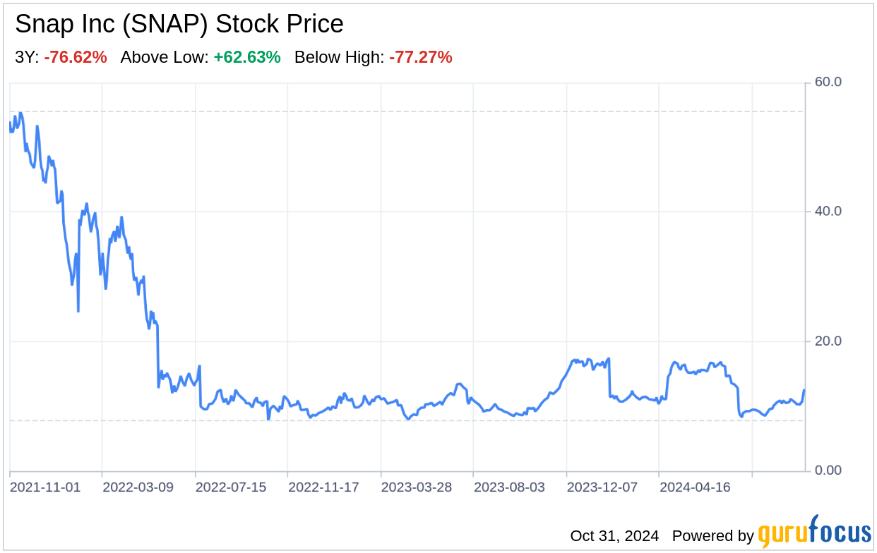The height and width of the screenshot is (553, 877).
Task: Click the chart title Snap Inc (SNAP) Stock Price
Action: [179, 25]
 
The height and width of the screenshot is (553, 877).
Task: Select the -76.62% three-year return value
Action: [76, 58]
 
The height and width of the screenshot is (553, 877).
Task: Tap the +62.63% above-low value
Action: [247, 58]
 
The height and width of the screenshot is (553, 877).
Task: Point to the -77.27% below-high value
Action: [420, 58]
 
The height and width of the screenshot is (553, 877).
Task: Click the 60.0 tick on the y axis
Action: [828, 82]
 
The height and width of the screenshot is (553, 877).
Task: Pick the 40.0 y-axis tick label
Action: [828, 212]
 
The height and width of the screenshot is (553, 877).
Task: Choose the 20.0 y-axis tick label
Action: [828, 341]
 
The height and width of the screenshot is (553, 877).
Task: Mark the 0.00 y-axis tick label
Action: [828, 470]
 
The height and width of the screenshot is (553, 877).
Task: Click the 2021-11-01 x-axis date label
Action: [45, 487]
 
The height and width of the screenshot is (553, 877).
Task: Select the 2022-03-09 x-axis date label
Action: [138, 487]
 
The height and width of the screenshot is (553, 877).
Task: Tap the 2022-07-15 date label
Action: [231, 487]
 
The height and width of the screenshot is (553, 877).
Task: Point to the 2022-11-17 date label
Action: [324, 487]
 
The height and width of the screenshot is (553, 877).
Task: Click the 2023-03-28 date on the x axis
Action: [417, 487]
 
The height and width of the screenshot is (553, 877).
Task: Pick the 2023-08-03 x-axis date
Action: [510, 487]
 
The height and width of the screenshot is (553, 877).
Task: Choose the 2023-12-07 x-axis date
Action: [602, 487]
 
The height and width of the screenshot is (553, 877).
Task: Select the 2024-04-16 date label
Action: [695, 487]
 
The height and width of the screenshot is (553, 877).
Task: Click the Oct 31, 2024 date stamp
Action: [614, 536]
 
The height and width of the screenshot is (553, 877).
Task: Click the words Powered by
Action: [712, 536]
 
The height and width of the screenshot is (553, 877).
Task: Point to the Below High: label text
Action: [339, 58]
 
